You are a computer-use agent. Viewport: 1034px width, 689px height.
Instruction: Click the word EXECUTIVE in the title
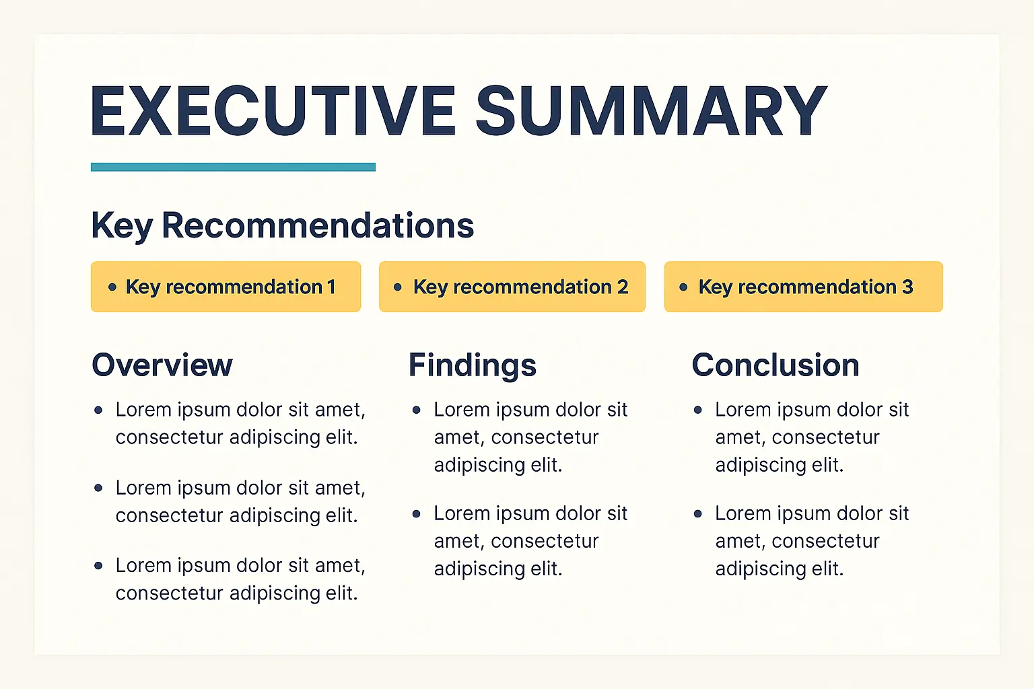coord(273,111)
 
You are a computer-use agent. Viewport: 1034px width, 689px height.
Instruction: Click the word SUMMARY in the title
coord(652,111)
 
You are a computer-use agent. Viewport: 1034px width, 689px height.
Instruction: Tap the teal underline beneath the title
coord(233,167)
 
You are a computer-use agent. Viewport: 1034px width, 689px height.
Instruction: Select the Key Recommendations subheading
coord(283,225)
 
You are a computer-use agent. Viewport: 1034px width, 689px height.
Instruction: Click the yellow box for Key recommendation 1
coord(226,287)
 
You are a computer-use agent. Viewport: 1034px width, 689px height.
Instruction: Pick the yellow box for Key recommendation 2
coord(512,287)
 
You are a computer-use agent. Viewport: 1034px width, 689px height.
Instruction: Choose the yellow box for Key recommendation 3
coord(804,287)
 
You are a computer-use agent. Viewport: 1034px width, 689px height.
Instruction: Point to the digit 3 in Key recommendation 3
coord(907,287)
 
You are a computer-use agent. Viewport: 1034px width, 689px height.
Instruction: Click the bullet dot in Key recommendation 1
coord(112,287)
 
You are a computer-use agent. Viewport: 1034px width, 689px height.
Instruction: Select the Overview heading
coord(162,365)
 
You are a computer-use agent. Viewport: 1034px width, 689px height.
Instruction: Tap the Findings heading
coord(472,365)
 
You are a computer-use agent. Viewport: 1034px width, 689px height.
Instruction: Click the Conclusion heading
coord(775,365)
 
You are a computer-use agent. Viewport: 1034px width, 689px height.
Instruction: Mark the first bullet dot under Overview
coord(98,410)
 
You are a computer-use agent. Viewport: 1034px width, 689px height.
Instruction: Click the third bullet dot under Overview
coord(98,566)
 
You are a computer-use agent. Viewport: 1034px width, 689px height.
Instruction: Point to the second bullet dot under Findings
coord(417,513)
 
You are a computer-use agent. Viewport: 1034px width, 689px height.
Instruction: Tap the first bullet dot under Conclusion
coord(698,410)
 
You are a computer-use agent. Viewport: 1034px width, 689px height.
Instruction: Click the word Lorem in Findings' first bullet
coord(462,410)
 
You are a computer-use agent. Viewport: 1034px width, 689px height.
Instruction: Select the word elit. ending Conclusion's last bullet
coord(827,569)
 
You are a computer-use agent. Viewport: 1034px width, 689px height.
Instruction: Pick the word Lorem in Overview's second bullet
coord(143,488)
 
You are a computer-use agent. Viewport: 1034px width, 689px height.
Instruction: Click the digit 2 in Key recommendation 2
coord(623,287)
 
